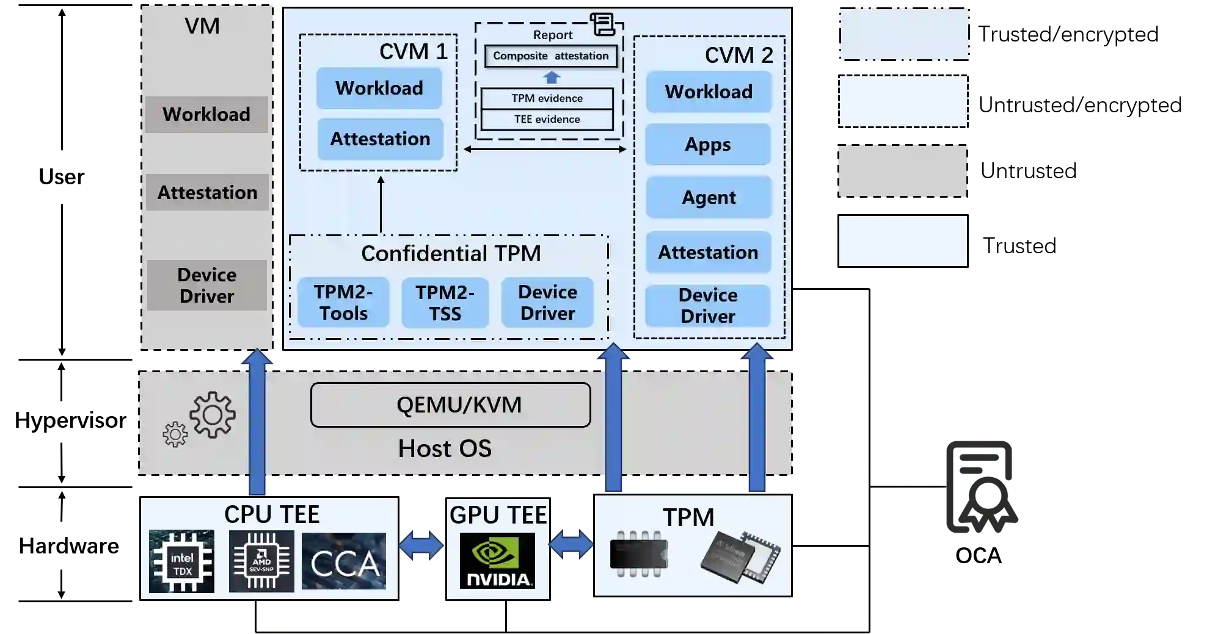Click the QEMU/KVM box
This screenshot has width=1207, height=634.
[450, 405]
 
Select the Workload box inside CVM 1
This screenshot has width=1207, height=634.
[379, 88]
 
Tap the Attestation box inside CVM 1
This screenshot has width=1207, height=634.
[380, 139]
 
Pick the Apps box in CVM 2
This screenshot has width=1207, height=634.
[707, 145]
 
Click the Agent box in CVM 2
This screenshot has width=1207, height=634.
[709, 198]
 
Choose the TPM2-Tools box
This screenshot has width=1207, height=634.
[343, 303]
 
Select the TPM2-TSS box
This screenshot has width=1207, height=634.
[445, 303]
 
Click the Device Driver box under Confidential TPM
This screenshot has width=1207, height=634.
[547, 303]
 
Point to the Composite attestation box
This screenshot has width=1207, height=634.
[550, 56]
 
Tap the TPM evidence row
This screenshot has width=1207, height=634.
[547, 98]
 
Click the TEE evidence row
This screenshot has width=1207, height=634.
[547, 120]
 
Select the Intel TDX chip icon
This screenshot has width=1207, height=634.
[181, 561]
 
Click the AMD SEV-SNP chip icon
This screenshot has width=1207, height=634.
[261, 561]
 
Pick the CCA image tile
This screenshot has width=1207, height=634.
[344, 561]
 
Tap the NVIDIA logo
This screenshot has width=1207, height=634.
[497, 561]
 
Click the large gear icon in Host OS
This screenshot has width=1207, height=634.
[213, 415]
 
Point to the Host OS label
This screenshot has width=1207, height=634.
[445, 449]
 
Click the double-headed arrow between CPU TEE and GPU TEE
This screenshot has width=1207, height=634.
[421, 546]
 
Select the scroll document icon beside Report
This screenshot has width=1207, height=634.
[602, 24]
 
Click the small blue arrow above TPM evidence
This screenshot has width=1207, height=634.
[552, 77]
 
